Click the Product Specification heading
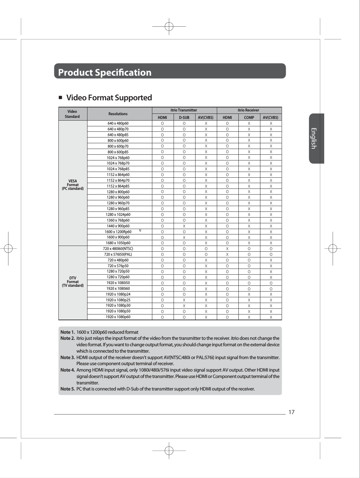tap(105, 72)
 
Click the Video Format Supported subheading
tap(109, 98)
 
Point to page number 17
tap(291, 412)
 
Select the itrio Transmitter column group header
tap(184, 110)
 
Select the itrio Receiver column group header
tap(248, 110)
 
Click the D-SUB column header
tap(184, 118)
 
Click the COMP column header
tap(249, 118)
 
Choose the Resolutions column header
tap(118, 114)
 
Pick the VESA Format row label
tap(73, 185)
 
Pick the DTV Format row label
tap(73, 282)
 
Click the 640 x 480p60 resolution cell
tap(118, 123)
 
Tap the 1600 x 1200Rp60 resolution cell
tap(118, 232)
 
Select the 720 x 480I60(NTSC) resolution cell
tap(118, 249)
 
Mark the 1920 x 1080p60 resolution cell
tap(118, 317)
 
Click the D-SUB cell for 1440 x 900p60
tap(184, 226)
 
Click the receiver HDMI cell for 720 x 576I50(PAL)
tap(227, 254)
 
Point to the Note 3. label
tap(68, 357)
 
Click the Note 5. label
tap(68, 389)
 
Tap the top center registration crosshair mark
tap(169, 26)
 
